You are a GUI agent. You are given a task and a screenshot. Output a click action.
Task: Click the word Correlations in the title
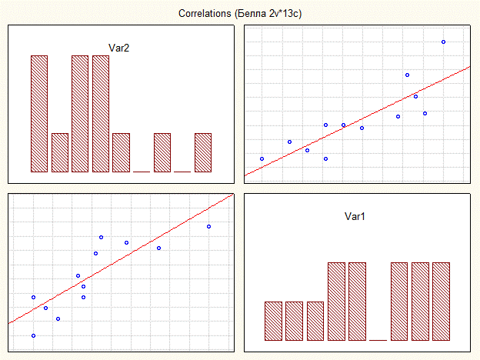[202, 14]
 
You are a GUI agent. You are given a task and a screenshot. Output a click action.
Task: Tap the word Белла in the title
[251, 14]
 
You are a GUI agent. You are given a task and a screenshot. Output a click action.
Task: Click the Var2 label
[119, 48]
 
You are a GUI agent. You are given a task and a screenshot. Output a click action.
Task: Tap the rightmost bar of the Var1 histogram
[441, 301]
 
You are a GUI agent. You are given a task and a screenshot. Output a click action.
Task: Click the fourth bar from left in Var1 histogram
[336, 301]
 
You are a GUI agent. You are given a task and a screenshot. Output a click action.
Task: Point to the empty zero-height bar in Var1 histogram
[378, 338]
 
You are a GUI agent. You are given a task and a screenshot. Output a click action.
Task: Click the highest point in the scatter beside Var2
[444, 42]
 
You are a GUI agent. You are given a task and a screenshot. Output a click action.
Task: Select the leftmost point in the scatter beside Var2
[262, 158]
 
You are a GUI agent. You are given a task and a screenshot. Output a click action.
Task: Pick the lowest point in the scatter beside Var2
[326, 158]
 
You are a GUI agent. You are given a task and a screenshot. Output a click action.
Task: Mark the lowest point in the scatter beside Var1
[33, 335]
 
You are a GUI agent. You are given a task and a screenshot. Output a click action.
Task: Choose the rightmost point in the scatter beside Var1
[209, 226]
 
